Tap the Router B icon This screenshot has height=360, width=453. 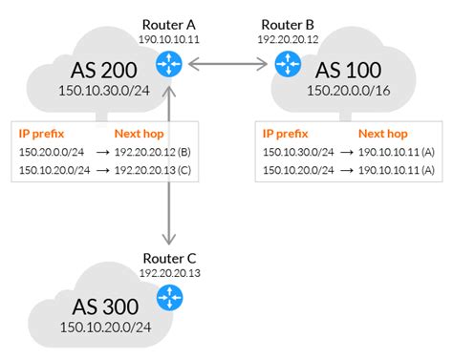click(x=287, y=64)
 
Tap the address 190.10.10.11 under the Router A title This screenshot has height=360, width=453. click(x=168, y=39)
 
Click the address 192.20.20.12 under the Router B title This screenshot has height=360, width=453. click(x=286, y=39)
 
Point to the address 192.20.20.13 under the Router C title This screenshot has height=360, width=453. click(x=168, y=273)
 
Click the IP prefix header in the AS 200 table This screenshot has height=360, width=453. click(x=42, y=135)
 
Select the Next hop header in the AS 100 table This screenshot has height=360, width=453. click(x=381, y=135)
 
